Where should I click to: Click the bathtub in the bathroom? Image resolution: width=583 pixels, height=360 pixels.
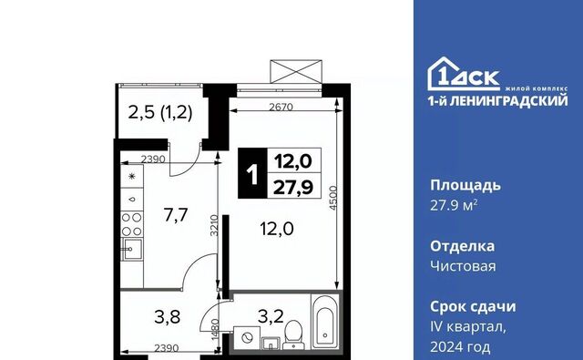(325, 322)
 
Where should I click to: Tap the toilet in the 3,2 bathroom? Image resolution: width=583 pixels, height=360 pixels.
(293, 334)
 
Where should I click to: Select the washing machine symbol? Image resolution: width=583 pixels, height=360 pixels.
(247, 338)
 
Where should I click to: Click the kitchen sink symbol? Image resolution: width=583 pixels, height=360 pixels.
(132, 249)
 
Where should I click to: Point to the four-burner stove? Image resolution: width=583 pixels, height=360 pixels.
(132, 224)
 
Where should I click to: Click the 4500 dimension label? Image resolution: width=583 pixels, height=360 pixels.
(332, 198)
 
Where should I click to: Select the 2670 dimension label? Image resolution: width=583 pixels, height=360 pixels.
(281, 108)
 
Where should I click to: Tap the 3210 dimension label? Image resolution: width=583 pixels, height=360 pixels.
(214, 225)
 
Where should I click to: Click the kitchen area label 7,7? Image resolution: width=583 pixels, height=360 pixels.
(176, 215)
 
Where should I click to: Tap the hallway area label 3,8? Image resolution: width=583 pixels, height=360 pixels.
(168, 317)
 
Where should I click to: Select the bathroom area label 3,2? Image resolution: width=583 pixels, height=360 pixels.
(271, 316)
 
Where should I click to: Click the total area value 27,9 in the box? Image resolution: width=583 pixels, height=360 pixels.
(293, 187)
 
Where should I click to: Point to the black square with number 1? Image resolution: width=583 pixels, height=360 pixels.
(252, 173)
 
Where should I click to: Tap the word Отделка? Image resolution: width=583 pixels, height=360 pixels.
(462, 246)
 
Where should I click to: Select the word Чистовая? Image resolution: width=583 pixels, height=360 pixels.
(463, 266)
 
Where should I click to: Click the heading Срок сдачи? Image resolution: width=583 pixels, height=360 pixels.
(473, 307)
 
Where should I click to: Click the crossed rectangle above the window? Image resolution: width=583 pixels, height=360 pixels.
(296, 71)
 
